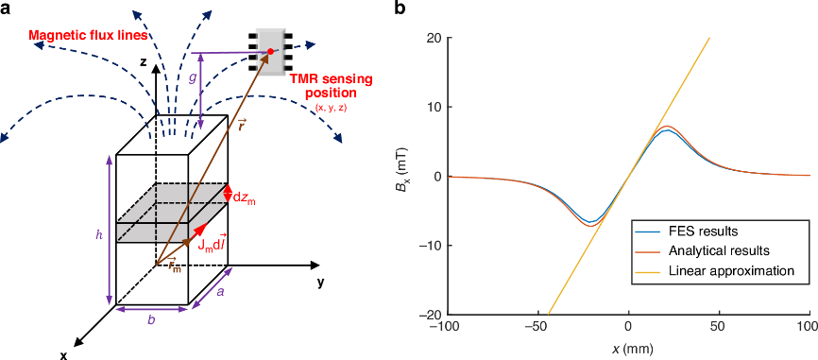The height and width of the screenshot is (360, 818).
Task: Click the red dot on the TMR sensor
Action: click(270, 51)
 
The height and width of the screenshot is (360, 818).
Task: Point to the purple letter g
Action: click(192, 77)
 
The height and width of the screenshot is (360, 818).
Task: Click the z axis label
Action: click(142, 61)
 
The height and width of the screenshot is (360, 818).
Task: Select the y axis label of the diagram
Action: click(321, 283)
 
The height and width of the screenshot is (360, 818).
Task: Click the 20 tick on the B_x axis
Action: click(437, 38)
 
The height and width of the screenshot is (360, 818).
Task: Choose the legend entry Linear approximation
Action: click(714, 271)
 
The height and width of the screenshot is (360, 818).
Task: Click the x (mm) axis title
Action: click(629, 347)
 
